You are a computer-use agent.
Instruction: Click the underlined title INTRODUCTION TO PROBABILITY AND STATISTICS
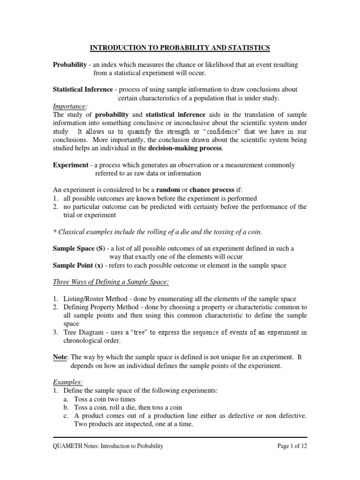180,48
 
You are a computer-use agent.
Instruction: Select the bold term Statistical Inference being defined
82,89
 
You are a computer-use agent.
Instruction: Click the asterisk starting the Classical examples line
54,232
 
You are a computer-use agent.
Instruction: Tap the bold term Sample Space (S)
79,248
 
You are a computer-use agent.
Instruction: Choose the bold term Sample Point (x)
77,265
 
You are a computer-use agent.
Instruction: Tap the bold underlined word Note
60,357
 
